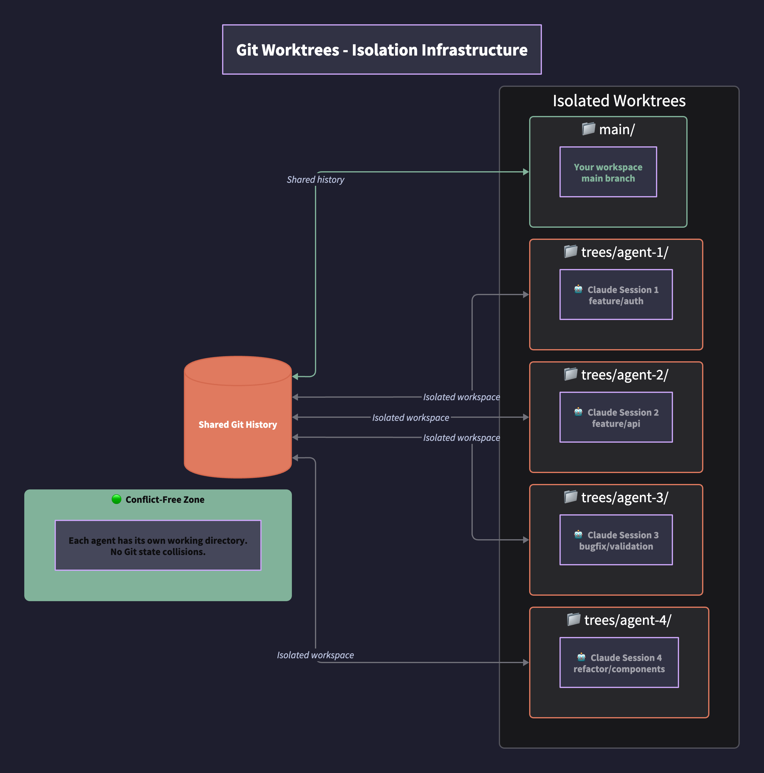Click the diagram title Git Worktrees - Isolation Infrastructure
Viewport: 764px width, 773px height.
click(x=382, y=50)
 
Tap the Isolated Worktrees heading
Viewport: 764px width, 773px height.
click(x=619, y=101)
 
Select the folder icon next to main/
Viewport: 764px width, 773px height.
click(x=588, y=129)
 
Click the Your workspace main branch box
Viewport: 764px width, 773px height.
click(x=608, y=172)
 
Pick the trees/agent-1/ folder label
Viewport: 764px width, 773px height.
click(x=624, y=252)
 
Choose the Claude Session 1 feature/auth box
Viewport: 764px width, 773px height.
click(x=616, y=295)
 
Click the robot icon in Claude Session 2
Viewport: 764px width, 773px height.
click(x=578, y=412)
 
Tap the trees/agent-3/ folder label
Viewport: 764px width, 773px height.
click(x=624, y=497)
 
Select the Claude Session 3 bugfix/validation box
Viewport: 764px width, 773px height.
click(x=616, y=540)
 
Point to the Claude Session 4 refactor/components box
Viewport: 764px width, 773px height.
click(x=619, y=663)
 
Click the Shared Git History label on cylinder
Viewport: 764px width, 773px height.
click(x=238, y=424)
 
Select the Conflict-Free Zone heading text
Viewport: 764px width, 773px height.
click(x=165, y=499)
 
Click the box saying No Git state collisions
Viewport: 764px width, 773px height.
click(x=158, y=546)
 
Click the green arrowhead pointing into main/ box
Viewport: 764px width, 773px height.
click(x=526, y=172)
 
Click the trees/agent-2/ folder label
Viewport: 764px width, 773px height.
click(x=624, y=375)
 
